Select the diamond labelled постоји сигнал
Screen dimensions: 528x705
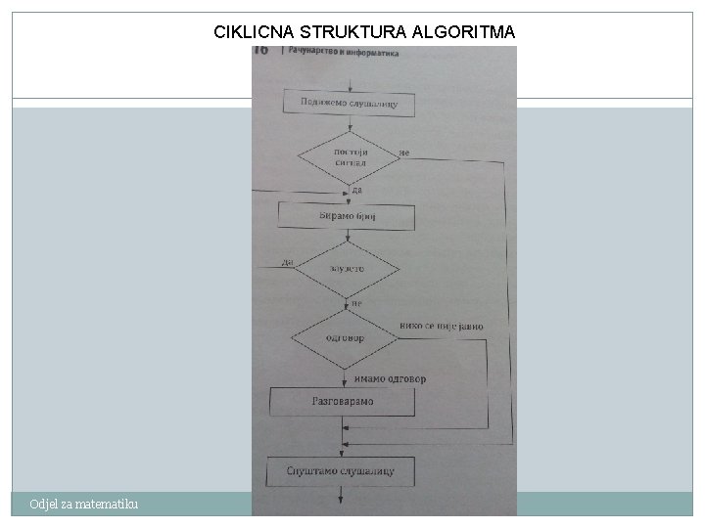pyautogui.click(x=349, y=158)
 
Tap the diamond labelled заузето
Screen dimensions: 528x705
pyautogui.click(x=348, y=268)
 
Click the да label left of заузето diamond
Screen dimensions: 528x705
pyautogui.click(x=287, y=261)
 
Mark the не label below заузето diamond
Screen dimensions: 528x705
pyautogui.click(x=356, y=303)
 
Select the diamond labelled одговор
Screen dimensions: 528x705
pyautogui.click(x=344, y=338)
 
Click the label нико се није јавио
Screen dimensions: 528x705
pyautogui.click(x=441, y=326)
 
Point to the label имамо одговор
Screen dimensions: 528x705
pyautogui.click(x=390, y=378)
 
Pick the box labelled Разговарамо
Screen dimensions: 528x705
pyautogui.click(x=343, y=401)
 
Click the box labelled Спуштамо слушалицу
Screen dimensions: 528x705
pyautogui.click(x=341, y=471)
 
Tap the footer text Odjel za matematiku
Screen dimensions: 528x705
pyautogui.click(x=84, y=504)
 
